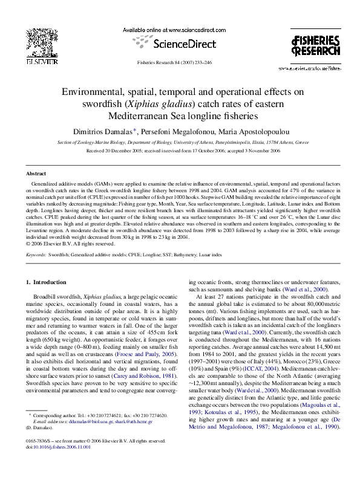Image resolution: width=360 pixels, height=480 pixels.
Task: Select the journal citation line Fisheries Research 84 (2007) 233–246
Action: pyautogui.click(x=180, y=63)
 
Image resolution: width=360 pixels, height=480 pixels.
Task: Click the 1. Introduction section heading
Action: pyautogui.click(x=49, y=282)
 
